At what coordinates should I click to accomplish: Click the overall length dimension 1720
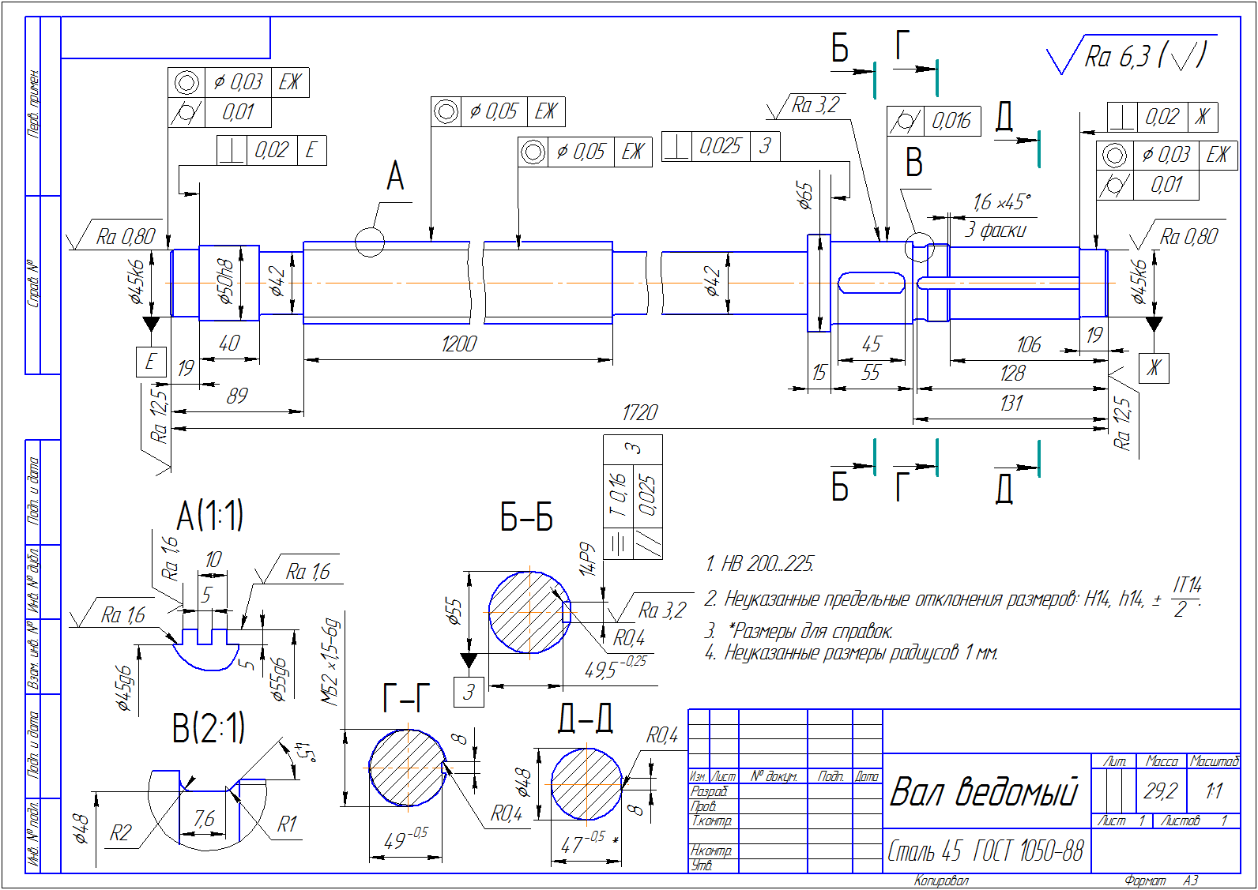pos(639,413)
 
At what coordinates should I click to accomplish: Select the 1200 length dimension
pos(459,344)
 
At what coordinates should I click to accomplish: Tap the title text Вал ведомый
pos(984,791)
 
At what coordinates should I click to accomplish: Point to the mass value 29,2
pos(1160,790)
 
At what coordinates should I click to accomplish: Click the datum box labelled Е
pos(150,362)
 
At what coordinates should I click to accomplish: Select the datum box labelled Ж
pos(1154,368)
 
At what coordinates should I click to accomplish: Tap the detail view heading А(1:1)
pos(209,516)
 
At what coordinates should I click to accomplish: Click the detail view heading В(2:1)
pos(209,728)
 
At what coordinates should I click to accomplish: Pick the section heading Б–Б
pos(526,517)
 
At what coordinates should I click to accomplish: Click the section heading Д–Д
pos(585,719)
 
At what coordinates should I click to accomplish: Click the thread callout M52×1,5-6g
pos(330,662)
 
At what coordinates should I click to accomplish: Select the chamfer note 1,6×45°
pos(1001,203)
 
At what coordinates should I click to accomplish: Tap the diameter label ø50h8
pos(226,281)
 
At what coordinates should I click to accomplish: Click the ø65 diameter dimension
pos(804,195)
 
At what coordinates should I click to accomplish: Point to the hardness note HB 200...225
pos(759,564)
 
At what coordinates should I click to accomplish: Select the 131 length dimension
pos(1011,404)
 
